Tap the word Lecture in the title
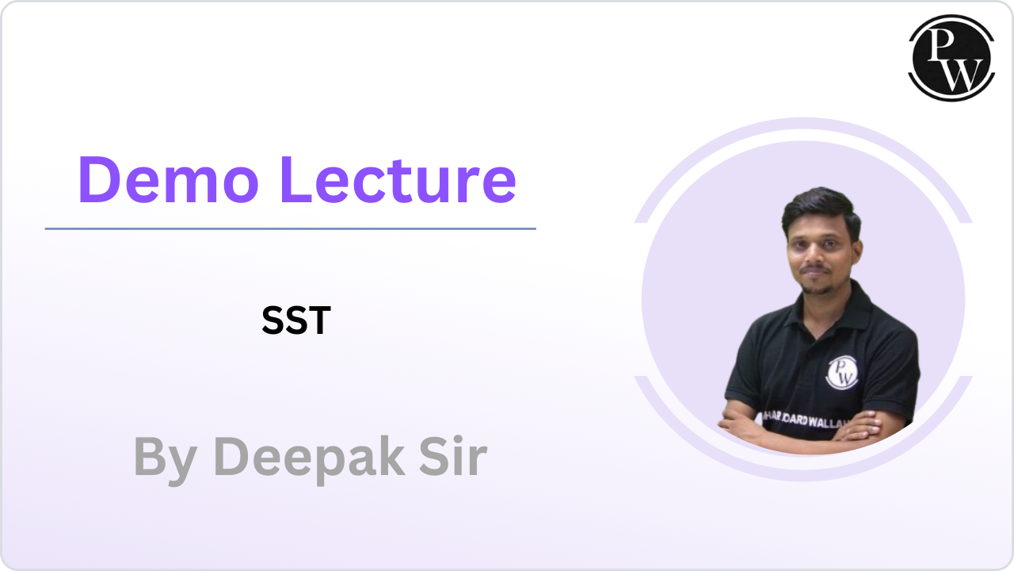pyautogui.click(x=398, y=181)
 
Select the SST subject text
pyautogui.click(x=295, y=320)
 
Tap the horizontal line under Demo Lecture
pyautogui.click(x=290, y=229)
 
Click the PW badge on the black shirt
pyautogui.click(x=842, y=372)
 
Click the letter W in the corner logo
pyautogui.click(x=960, y=73)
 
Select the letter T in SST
pyautogui.click(x=318, y=320)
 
